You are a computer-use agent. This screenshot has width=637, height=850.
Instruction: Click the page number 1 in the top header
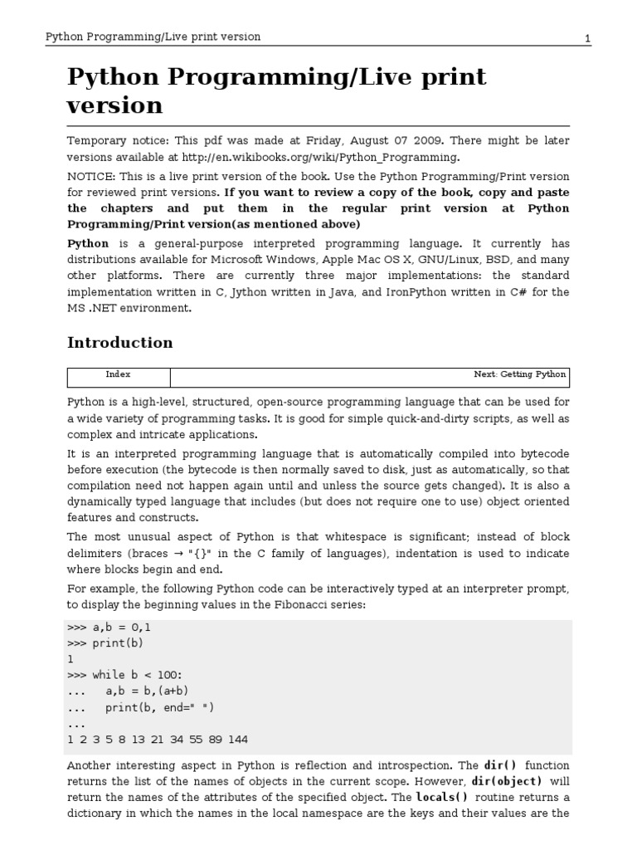[x=587, y=37]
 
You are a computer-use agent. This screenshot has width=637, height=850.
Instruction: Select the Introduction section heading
[x=119, y=343]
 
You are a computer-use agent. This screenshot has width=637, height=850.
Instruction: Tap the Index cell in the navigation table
[x=118, y=375]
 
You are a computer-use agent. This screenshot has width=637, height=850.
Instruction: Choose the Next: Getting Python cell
[x=520, y=375]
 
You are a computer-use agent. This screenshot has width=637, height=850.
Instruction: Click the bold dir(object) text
[x=507, y=782]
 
